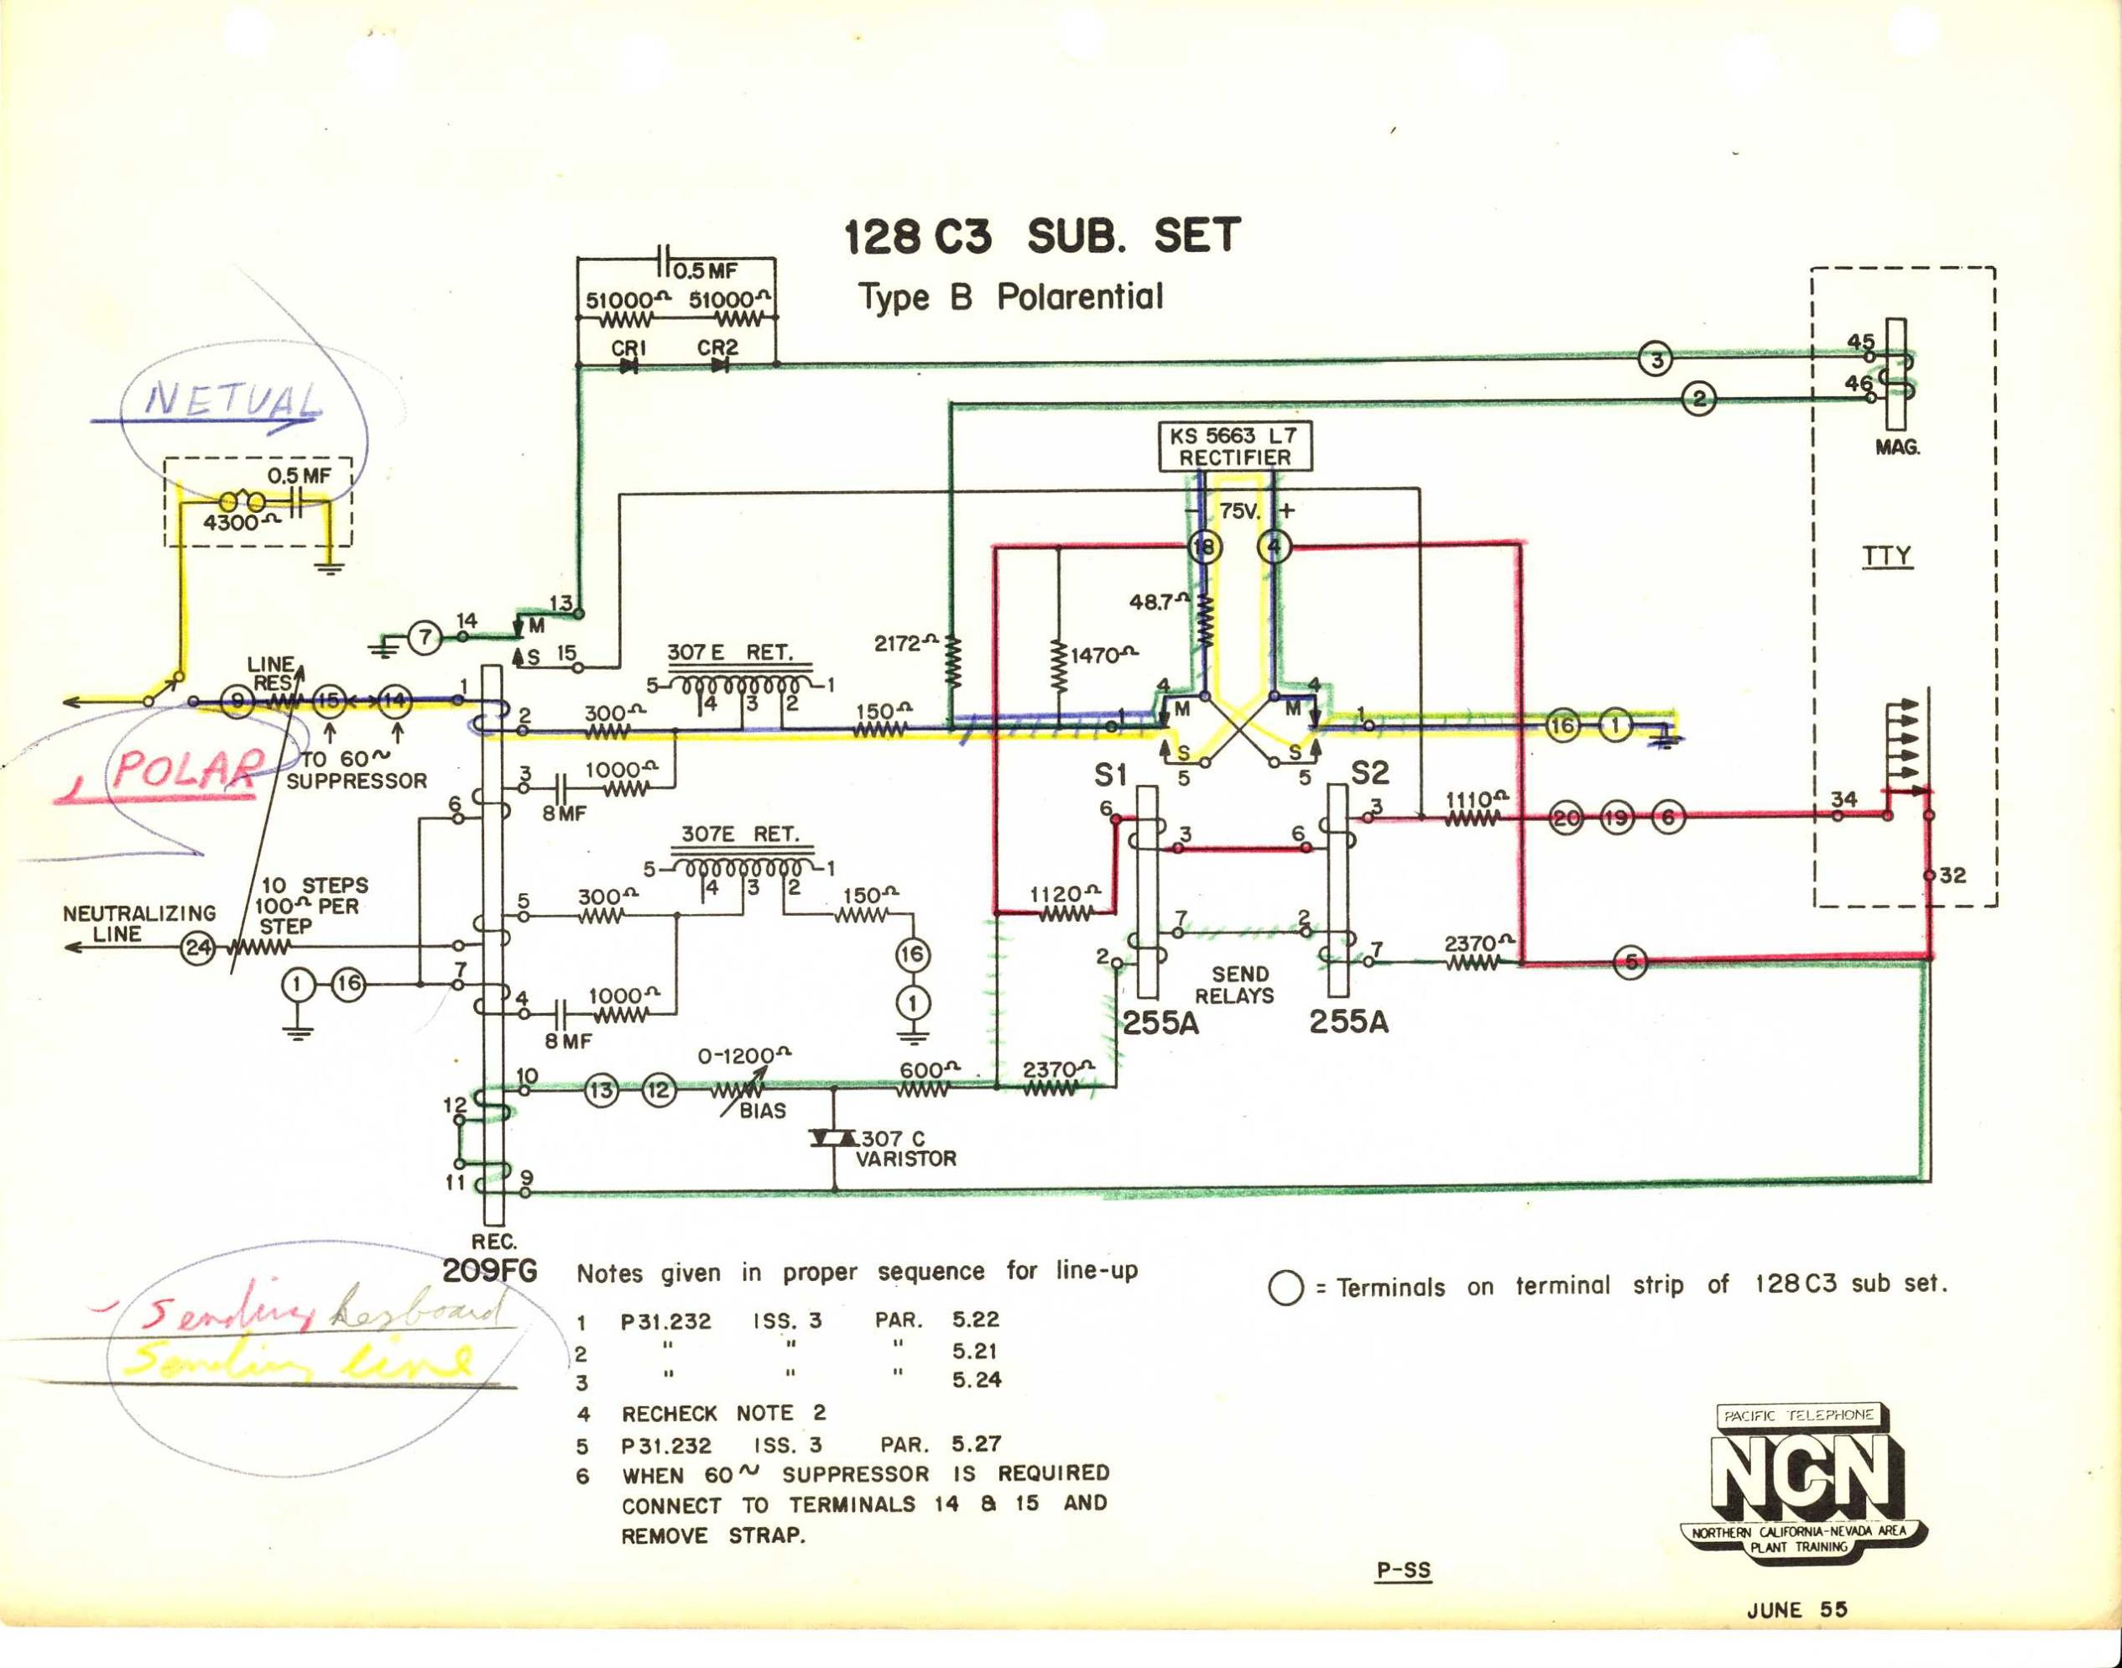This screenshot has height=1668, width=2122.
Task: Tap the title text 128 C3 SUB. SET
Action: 1041,238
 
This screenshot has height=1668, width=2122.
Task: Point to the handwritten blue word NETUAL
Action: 233,401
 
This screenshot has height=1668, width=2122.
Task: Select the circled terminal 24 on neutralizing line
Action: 199,949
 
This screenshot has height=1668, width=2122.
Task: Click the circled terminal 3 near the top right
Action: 1655,358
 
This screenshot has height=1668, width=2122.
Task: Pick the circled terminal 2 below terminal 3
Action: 1699,399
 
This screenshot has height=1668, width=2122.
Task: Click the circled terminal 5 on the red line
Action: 1631,963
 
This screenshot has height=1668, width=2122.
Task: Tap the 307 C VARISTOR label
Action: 906,1148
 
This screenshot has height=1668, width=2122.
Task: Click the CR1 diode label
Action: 629,348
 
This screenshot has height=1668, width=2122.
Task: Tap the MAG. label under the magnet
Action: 1896,449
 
